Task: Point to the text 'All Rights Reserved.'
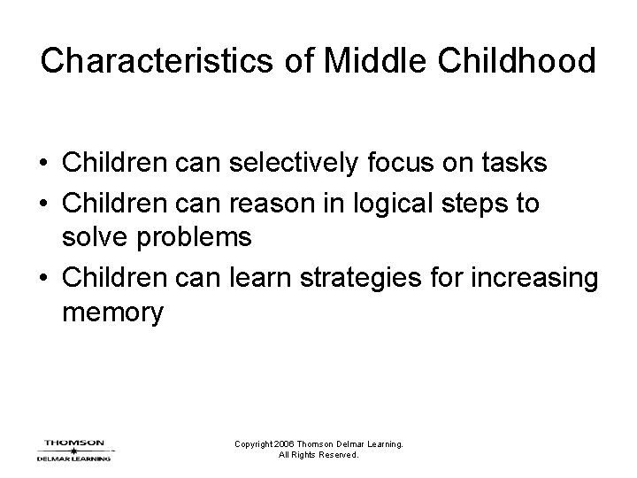318,455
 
